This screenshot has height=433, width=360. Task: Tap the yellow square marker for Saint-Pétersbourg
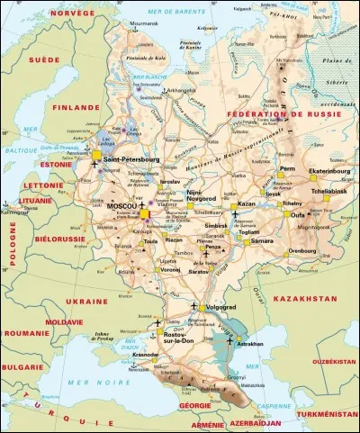click(x=96, y=156)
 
